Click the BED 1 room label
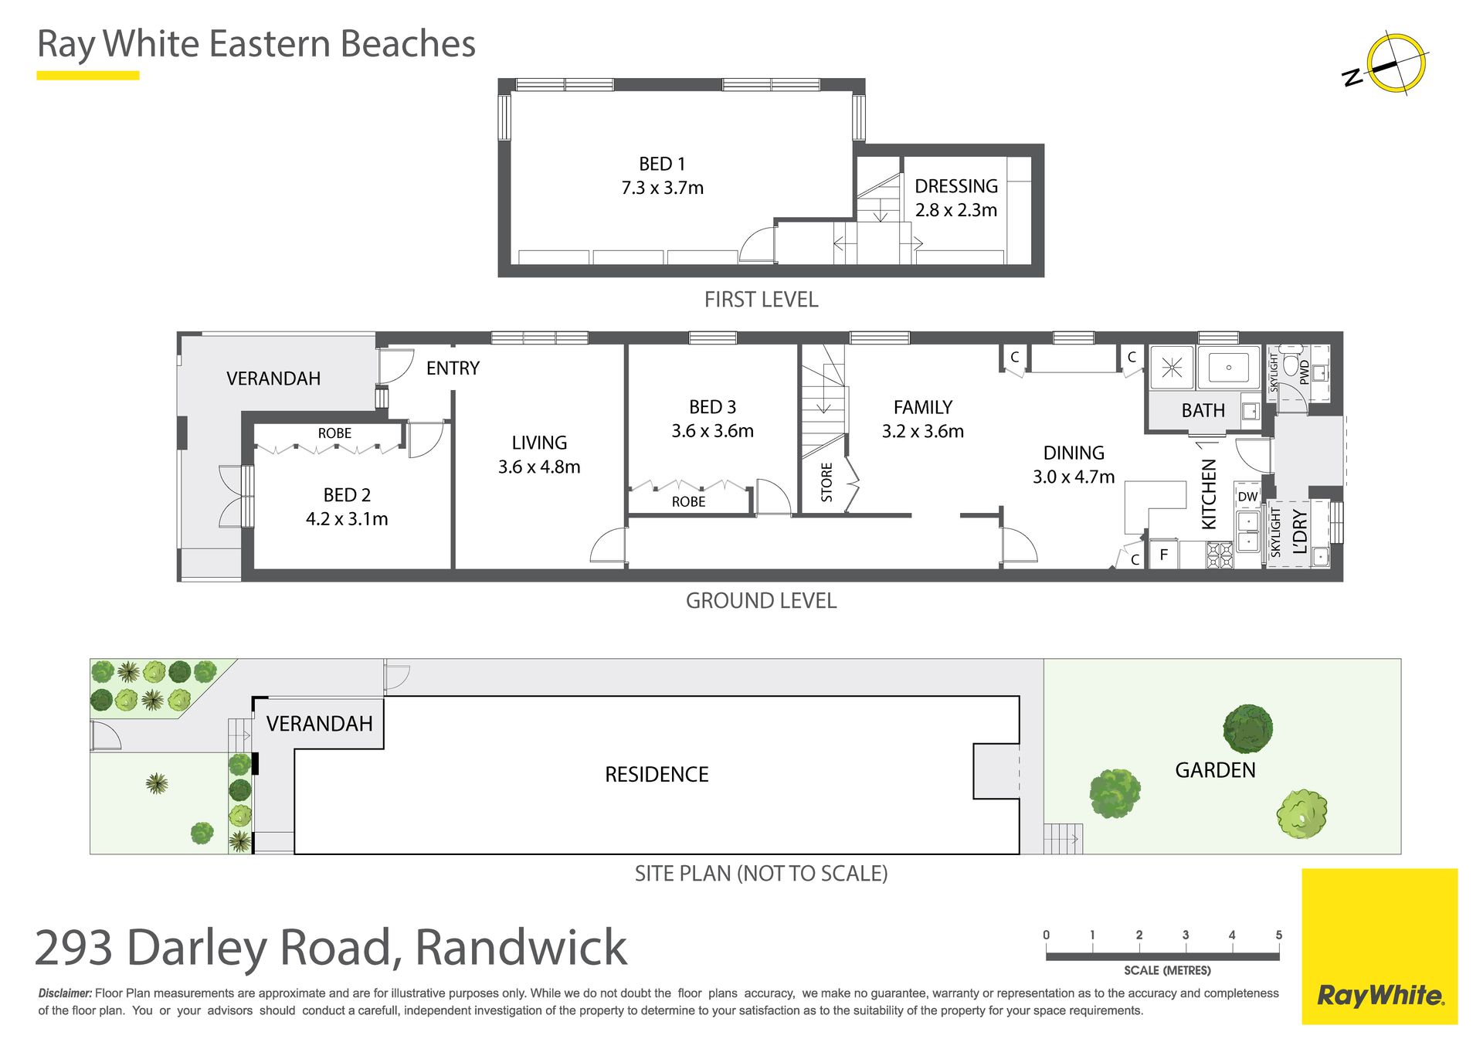[662, 164]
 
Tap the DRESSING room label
[956, 186]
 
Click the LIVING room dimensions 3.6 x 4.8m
[539, 467]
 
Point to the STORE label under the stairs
[826, 482]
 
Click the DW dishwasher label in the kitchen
[1248, 497]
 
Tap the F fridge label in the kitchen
[1163, 555]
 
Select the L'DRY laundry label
[1300, 531]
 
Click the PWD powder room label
[1305, 372]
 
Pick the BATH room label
[1203, 410]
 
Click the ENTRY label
[453, 368]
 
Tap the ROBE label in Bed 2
[334, 433]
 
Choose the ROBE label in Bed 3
[688, 501]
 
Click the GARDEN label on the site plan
[1215, 770]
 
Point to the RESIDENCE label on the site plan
[657, 774]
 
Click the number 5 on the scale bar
[1279, 935]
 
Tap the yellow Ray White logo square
[1379, 946]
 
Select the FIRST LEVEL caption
[761, 300]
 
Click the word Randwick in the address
[521, 947]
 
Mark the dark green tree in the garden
[1247, 728]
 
